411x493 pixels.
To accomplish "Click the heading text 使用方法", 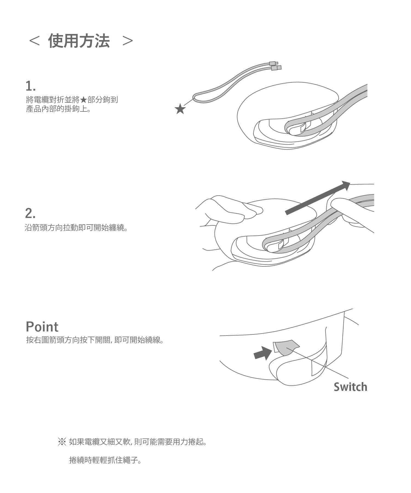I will (x=79, y=41).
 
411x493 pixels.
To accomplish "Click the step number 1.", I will (x=30, y=86).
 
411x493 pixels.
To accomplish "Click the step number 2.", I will (x=30, y=213).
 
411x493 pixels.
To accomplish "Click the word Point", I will (x=42, y=327).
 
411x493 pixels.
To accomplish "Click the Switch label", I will (x=350, y=387).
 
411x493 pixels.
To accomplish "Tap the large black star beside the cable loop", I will (x=180, y=109).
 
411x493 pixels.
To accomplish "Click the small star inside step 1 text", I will (x=84, y=100).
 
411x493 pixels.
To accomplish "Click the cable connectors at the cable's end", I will (x=275, y=66).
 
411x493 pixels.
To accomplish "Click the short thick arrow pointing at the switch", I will (x=263, y=353).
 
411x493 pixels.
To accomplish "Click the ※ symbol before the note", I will (x=62, y=442).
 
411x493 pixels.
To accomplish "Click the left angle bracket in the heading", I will (x=34, y=41).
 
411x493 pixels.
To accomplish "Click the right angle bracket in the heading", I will (x=127, y=41).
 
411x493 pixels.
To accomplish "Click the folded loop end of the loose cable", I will (x=197, y=98).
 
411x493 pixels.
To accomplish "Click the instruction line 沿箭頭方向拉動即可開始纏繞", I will (x=76, y=228).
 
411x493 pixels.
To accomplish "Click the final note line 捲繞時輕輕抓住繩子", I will (x=105, y=460).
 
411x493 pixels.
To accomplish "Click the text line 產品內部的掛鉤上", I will (x=58, y=109).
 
